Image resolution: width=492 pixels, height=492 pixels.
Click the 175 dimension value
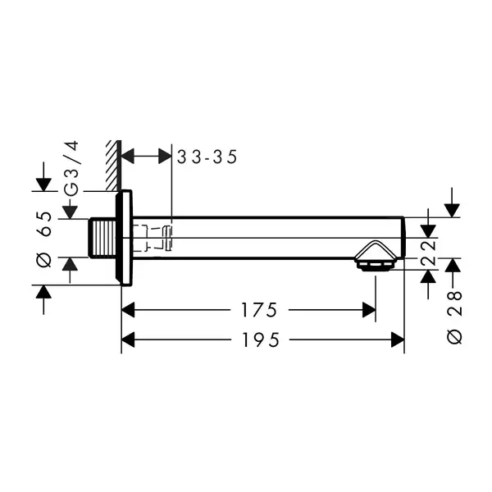(259, 310)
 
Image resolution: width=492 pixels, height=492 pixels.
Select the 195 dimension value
(261, 339)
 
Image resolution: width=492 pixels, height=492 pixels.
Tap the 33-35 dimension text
(207, 157)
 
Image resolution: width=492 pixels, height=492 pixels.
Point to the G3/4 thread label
(71, 169)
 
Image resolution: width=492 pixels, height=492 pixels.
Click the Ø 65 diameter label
(44, 239)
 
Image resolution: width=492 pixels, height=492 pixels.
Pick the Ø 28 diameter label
(454, 317)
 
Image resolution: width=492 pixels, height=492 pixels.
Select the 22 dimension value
(429, 253)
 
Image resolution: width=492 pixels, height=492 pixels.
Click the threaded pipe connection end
(102, 238)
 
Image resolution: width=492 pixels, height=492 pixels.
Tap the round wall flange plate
(124, 238)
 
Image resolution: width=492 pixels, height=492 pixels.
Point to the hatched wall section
(114, 166)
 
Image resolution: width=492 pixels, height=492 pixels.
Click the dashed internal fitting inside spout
(152, 238)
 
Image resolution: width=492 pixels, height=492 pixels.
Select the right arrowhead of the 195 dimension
(398, 339)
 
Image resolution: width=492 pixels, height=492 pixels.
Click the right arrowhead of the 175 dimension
(369, 310)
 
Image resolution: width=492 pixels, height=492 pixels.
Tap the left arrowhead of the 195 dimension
(128, 339)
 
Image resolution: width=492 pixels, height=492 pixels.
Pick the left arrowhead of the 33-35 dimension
(128, 157)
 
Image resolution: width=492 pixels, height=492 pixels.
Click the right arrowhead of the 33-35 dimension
(165, 157)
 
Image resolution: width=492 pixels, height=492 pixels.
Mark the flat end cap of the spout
(403, 238)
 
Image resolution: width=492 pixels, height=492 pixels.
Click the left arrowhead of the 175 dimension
(128, 310)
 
